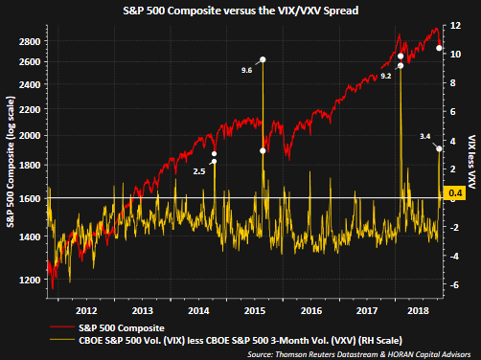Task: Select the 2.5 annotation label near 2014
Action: pos(198,170)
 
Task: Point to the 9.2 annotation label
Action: pos(385,75)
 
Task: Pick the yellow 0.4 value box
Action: pos(457,195)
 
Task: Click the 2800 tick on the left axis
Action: pos(29,41)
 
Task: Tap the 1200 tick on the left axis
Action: pos(29,281)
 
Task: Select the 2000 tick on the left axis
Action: pos(29,135)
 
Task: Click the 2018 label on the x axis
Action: pos(418,310)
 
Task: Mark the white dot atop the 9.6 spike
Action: pos(263,60)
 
